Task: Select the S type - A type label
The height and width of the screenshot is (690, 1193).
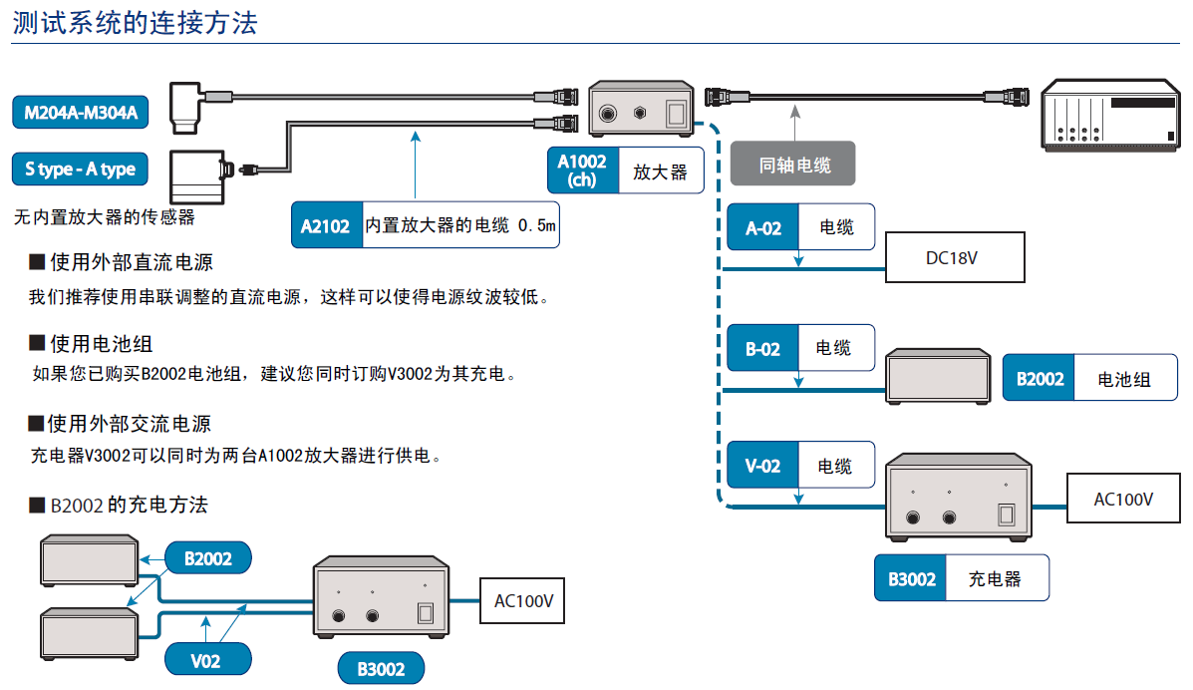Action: [80, 170]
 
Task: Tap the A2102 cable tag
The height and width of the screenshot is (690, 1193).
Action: [326, 226]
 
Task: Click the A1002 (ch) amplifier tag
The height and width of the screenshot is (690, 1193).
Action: [582, 171]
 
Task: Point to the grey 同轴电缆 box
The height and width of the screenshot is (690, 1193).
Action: [793, 166]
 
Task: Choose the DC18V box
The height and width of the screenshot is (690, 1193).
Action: [955, 257]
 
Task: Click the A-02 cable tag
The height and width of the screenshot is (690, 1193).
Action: [764, 228]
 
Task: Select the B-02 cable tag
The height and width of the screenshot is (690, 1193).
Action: [764, 348]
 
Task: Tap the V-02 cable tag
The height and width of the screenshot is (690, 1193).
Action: [764, 466]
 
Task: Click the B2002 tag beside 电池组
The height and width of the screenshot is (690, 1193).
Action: [1040, 379]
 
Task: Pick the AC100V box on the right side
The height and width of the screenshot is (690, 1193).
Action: [1123, 499]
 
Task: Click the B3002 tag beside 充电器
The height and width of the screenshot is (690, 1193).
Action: [911, 578]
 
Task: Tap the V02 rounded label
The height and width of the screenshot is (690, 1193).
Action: [205, 659]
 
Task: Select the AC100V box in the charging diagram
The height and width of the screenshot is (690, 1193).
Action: [523, 601]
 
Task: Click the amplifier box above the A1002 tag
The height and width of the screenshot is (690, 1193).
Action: [642, 109]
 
